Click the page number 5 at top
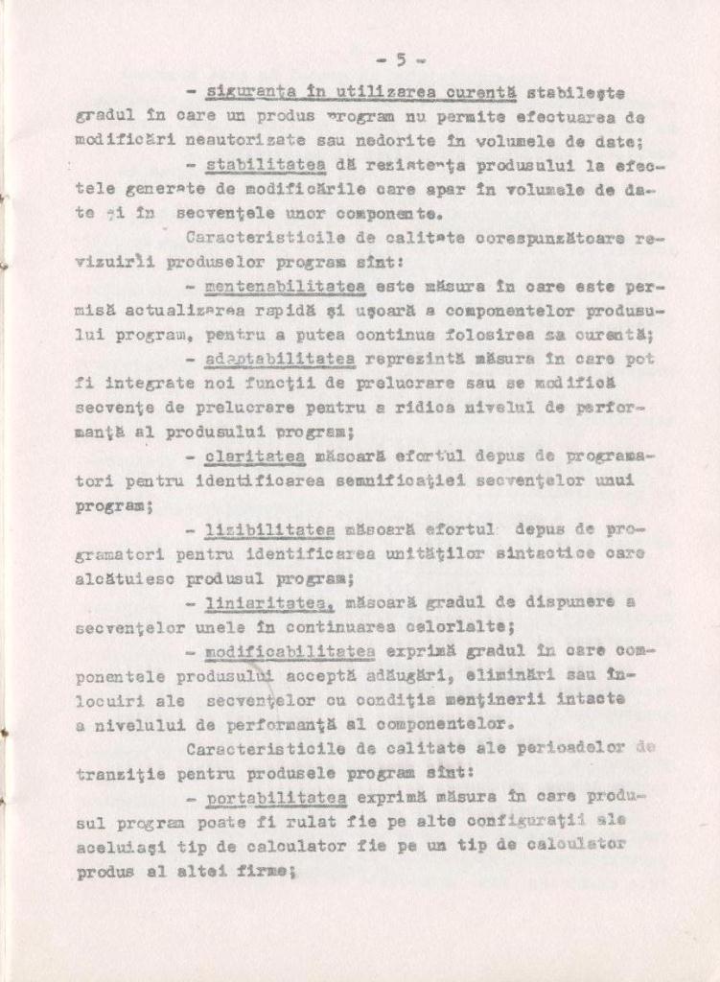point(402,59)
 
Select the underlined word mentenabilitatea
point(285,286)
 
